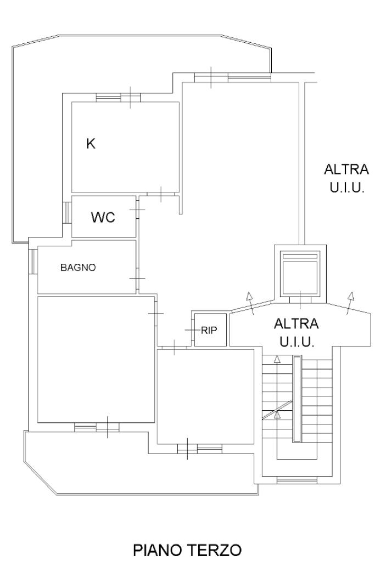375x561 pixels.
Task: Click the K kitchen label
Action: (x=91, y=144)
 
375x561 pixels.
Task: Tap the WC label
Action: (x=103, y=217)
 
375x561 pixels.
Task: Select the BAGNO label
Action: (x=78, y=267)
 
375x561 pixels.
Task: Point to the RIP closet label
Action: (x=209, y=330)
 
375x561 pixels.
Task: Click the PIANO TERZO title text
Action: (x=187, y=549)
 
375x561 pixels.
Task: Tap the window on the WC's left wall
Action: (x=67, y=213)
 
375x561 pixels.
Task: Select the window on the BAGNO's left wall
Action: (x=33, y=262)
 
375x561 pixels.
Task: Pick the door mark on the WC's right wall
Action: (x=137, y=209)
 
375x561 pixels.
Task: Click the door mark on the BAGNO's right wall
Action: (x=137, y=279)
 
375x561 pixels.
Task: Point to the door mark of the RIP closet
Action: (x=192, y=330)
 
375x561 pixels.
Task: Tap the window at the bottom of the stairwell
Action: (x=297, y=480)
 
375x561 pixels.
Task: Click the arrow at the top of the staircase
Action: (x=277, y=360)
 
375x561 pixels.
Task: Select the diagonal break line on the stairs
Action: (x=277, y=409)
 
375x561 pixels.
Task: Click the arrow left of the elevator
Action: (x=250, y=303)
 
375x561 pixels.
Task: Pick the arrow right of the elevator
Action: (x=350, y=303)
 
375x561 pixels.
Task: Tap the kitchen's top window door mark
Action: (x=130, y=97)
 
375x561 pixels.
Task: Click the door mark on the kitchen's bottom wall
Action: (x=161, y=194)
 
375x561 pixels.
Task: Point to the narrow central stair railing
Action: (x=297, y=399)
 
